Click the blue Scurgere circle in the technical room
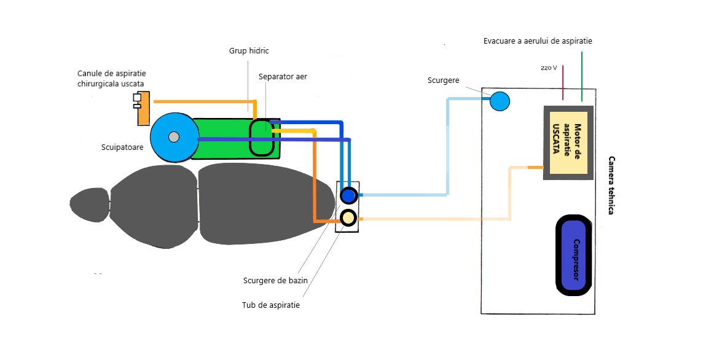pyautogui.click(x=500, y=101)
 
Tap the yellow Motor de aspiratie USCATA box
pyautogui.click(x=568, y=143)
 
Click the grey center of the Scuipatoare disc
pyautogui.click(x=174, y=136)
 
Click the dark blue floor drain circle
pyautogui.click(x=348, y=196)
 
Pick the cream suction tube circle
pyautogui.click(x=348, y=217)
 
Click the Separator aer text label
pyautogui.click(x=283, y=77)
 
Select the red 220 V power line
pyautogui.click(x=563, y=82)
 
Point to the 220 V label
pyautogui.click(x=549, y=68)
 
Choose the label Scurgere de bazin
pyautogui.click(x=275, y=280)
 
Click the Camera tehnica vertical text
pyautogui.click(x=611, y=184)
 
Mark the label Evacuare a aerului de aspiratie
pyautogui.click(x=537, y=41)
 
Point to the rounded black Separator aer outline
pyautogui.click(x=262, y=136)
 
